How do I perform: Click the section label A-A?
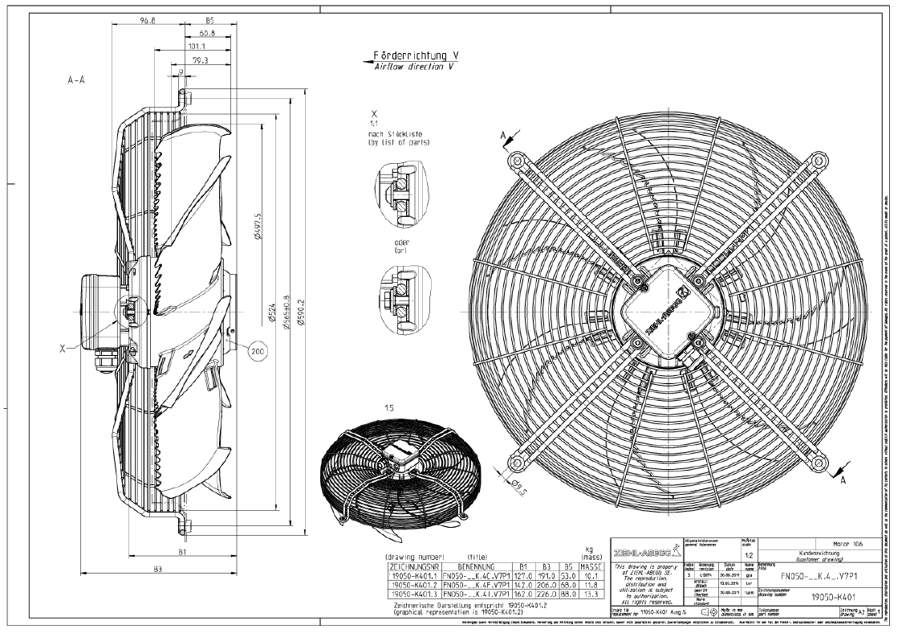point(77,83)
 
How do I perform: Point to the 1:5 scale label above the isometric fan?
point(390,408)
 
